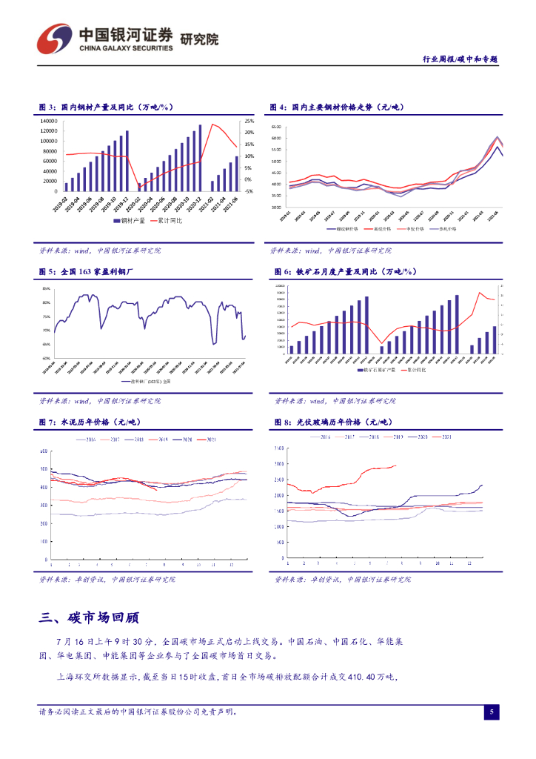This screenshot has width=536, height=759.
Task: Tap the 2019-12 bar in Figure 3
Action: point(127,162)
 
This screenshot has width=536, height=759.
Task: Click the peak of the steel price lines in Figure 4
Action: point(498,137)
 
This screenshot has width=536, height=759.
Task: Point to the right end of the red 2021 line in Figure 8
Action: point(397,465)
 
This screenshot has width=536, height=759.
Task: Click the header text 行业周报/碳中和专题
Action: point(459,59)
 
